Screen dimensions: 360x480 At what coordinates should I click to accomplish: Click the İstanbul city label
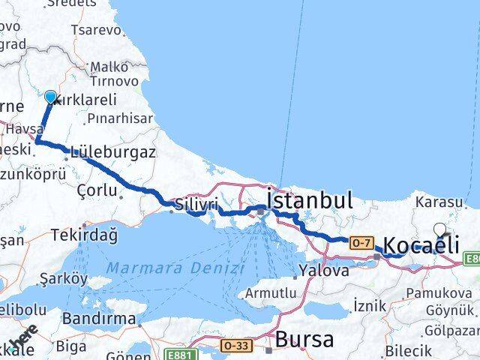point(309,200)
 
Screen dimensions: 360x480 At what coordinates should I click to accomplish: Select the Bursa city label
point(304,339)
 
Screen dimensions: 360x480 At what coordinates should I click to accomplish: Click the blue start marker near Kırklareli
point(51,97)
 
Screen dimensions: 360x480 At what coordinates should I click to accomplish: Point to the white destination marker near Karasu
point(440,231)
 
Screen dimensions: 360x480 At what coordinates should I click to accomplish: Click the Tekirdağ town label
point(84,235)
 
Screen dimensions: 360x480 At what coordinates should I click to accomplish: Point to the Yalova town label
point(322,270)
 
